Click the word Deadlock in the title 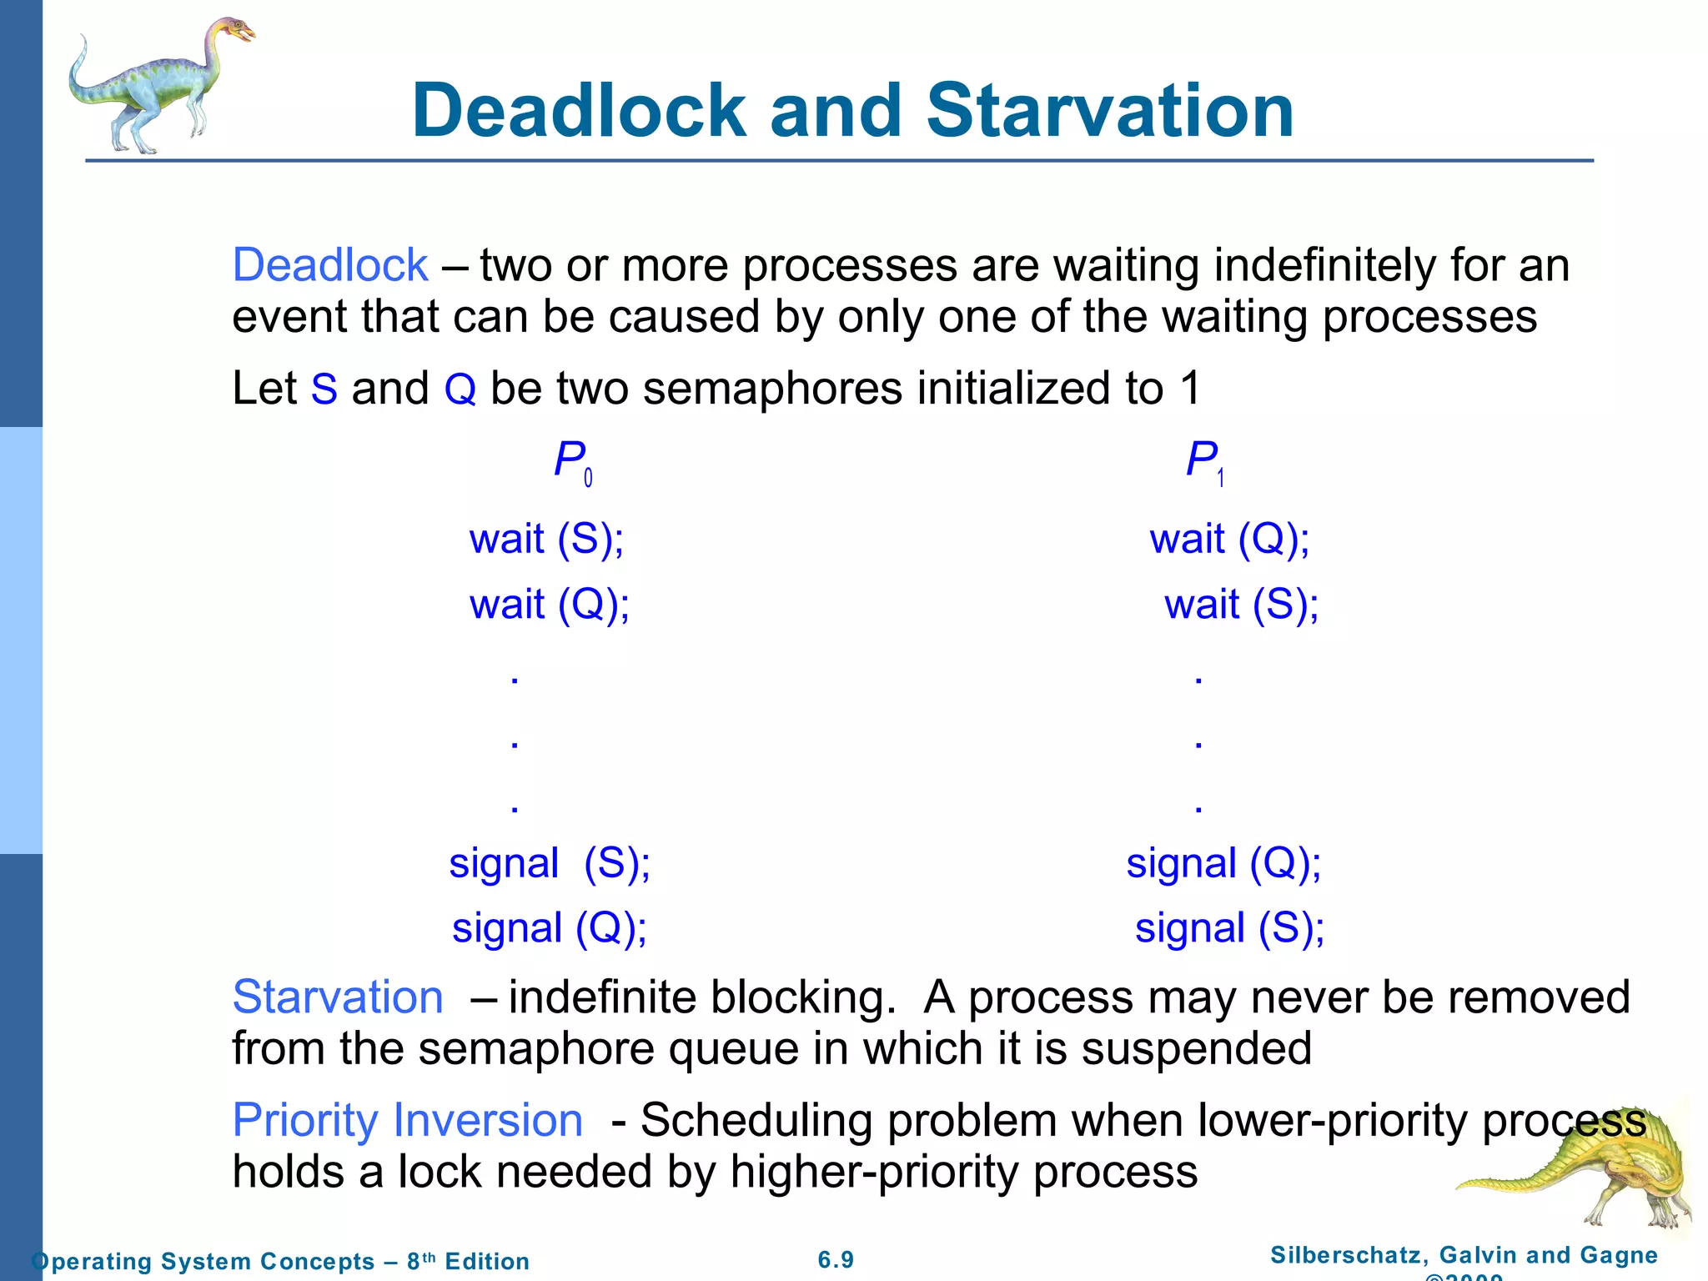579,111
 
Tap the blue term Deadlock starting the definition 330,266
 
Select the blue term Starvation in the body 338,997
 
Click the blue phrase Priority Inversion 407,1120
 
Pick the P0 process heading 572,461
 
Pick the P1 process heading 1204,461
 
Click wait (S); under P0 546,539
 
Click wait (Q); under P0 549,605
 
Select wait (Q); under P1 1229,539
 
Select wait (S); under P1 1241,605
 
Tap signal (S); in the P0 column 550,863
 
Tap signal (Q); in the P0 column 550,928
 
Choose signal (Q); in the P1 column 1223,863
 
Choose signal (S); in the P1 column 1229,928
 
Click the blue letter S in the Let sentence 324,389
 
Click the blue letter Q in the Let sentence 460,389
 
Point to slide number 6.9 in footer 836,1260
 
